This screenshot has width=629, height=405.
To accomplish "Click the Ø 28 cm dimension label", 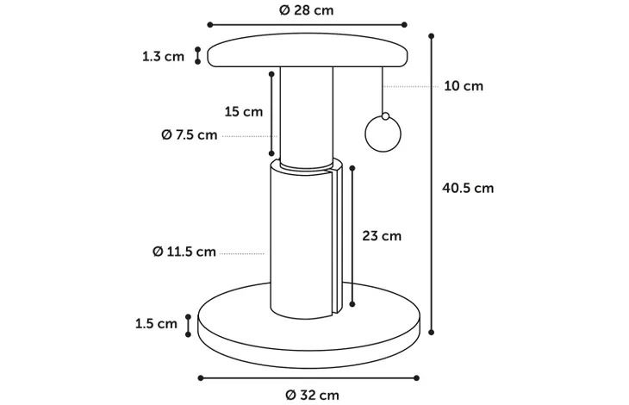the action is coord(306,10).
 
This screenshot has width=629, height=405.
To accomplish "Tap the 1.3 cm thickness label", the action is coord(163,57).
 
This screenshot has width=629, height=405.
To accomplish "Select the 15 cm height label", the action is coord(244,111).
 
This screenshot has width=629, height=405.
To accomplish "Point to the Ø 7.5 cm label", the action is coord(190,134).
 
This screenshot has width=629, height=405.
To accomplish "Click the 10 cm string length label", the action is coord(464,86).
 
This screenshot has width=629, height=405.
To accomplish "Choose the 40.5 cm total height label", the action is coord(468,188).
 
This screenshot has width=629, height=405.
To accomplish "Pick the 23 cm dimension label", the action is coord(382,236).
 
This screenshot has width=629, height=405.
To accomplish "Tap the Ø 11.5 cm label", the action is coord(184,252).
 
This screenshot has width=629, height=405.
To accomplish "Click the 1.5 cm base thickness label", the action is coord(156,324).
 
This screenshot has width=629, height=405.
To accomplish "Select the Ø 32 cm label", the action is coord(312,396).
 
